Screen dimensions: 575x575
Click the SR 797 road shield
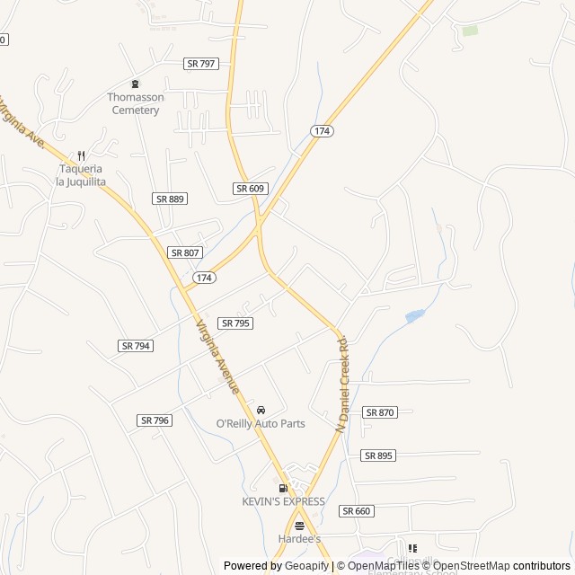pos(201,64)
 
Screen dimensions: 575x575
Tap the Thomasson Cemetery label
pos(134,103)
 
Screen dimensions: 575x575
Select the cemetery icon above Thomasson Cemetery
pos(135,84)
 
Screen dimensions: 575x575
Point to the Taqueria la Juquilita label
pos(81,175)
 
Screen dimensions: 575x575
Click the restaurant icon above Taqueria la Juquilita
pos(81,155)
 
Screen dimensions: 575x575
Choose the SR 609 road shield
pos(250,188)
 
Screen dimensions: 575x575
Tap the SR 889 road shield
pos(170,199)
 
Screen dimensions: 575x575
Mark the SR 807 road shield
pos(185,252)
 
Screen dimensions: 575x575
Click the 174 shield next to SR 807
pos(204,278)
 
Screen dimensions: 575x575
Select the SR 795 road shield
pos(235,323)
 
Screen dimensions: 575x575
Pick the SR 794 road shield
pos(135,345)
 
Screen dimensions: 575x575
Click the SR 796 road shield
pos(155,420)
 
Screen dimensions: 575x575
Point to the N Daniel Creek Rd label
pos(342,385)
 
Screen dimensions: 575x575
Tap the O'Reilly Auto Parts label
pos(261,424)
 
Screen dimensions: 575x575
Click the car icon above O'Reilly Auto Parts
pos(261,410)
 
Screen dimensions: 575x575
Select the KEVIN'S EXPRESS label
pos(283,501)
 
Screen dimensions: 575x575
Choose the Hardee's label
pos(299,539)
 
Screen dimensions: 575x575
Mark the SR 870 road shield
pos(379,411)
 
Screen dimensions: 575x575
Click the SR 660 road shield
pos(356,510)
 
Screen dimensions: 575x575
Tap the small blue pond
pos(414,315)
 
